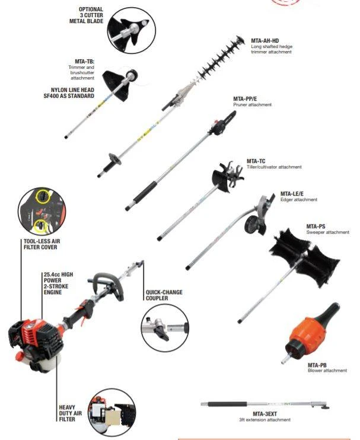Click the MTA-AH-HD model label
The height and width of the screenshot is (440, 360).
point(264,40)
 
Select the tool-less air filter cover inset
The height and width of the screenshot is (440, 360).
point(42,211)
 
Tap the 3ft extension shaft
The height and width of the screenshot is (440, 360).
point(255,406)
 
